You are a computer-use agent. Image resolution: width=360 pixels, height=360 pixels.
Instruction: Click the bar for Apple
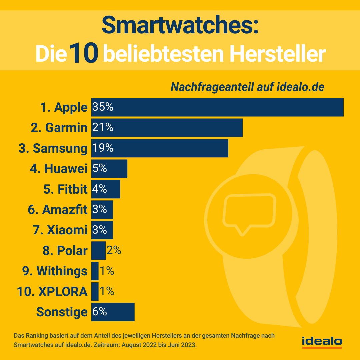click(217, 107)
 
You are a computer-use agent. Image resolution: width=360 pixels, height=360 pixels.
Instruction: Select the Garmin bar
click(167, 128)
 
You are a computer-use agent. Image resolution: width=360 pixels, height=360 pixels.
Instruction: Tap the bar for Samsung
click(160, 148)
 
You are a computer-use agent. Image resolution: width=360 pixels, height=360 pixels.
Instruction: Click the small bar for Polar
click(98, 251)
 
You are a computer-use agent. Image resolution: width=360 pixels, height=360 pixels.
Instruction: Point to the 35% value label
click(103, 107)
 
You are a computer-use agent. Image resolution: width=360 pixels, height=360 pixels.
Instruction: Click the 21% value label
click(103, 128)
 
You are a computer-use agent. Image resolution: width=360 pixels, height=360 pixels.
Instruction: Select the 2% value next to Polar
click(114, 250)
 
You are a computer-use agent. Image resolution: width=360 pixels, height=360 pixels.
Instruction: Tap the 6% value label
click(100, 312)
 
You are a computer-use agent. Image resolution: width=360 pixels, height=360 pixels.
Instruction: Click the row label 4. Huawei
click(59, 169)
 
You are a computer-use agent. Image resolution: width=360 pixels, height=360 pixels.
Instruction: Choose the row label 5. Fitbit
click(65, 189)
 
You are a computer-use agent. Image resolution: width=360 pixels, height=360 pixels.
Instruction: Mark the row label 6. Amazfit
click(58, 210)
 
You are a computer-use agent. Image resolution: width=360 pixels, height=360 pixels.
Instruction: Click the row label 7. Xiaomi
click(60, 230)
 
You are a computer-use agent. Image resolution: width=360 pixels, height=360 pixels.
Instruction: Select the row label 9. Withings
click(55, 271)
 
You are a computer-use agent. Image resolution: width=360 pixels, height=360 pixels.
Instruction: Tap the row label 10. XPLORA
click(52, 292)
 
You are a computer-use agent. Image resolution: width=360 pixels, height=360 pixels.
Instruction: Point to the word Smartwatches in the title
click(180, 26)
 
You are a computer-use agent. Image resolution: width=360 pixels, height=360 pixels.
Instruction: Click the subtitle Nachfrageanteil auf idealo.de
click(247, 87)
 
